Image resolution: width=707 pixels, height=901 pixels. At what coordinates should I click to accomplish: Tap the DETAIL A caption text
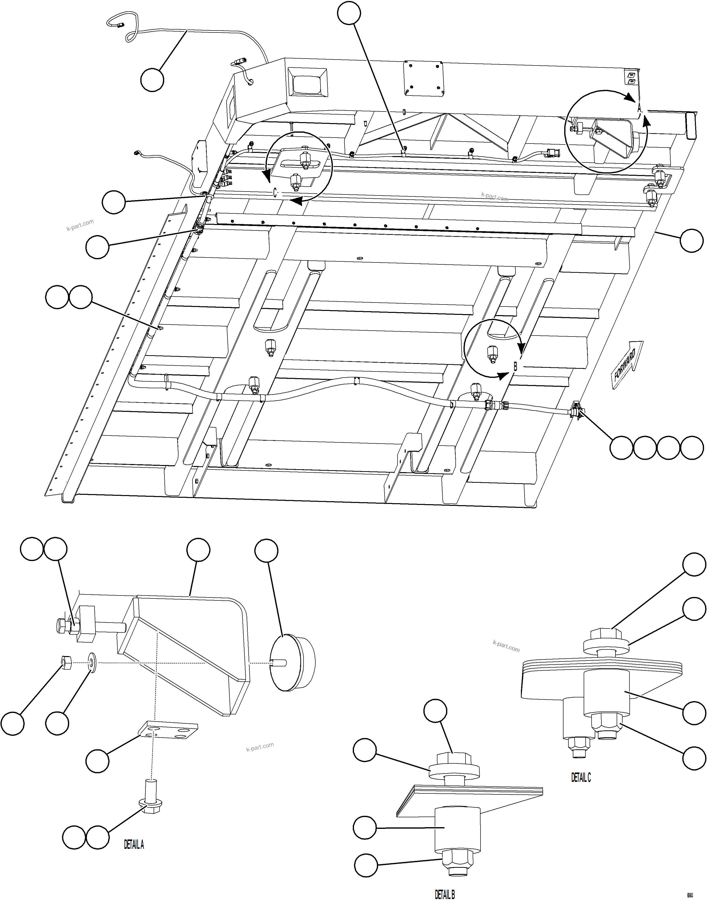pos(134,845)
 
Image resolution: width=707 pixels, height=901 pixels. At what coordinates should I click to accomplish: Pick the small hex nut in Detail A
pos(66,663)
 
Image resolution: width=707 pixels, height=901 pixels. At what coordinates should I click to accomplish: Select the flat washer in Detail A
pos(92,663)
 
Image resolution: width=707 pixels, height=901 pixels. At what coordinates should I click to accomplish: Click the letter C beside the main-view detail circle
pos(275,193)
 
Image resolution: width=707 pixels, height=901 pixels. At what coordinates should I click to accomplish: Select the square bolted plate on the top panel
pos(423,78)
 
